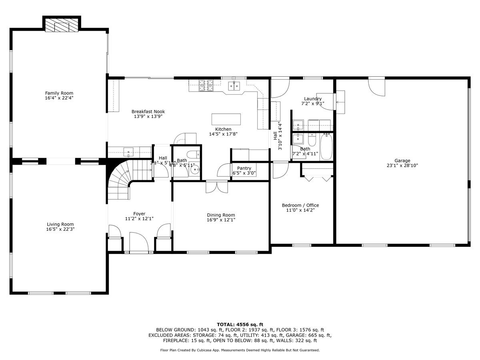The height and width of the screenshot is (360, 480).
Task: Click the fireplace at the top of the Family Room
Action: coord(62,26)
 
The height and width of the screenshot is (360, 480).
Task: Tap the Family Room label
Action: coord(59,93)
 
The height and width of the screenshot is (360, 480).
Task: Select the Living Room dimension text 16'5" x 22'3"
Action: coord(60,230)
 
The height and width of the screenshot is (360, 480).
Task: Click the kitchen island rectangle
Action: coord(226,119)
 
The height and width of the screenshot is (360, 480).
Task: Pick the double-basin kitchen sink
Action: coord(234,85)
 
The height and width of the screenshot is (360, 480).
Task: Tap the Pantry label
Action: coord(244,168)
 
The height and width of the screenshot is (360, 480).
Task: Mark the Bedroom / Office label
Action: coord(300,205)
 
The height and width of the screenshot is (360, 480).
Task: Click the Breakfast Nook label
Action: coord(148,112)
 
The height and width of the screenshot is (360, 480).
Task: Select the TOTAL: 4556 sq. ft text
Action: coord(240,324)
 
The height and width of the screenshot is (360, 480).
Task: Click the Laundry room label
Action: coord(313,99)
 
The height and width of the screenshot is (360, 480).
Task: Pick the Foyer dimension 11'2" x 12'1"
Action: coord(139,219)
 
